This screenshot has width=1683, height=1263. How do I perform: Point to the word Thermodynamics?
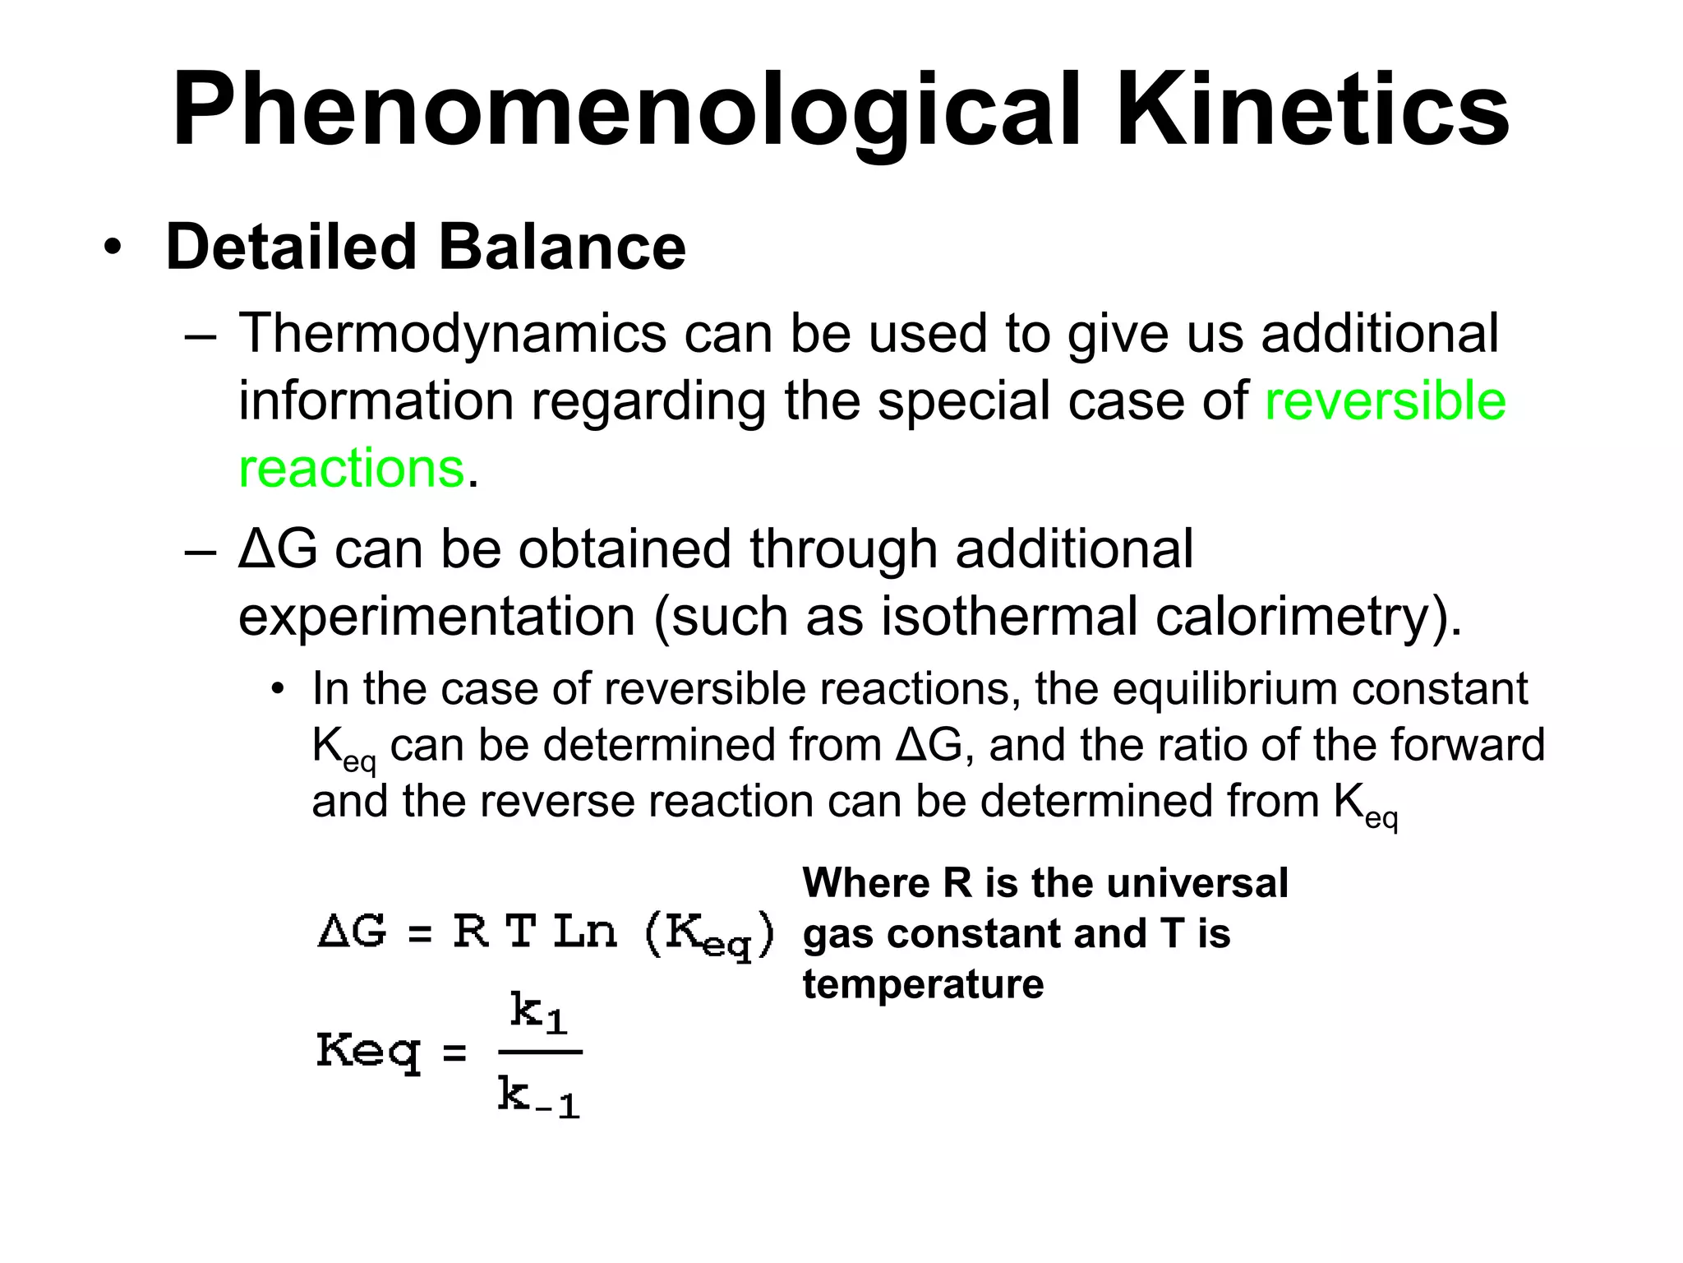click(452, 335)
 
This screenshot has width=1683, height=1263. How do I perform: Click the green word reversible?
click(1385, 401)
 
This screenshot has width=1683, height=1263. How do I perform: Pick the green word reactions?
click(351, 469)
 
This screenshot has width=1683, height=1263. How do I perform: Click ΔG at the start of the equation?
click(352, 932)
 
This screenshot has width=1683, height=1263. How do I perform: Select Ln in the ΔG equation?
click(584, 932)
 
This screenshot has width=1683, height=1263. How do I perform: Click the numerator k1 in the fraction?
click(538, 1012)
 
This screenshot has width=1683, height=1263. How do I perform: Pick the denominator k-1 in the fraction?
click(539, 1097)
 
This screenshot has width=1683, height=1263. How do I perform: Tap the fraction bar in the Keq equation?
click(540, 1052)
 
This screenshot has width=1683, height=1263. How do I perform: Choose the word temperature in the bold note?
click(923, 984)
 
